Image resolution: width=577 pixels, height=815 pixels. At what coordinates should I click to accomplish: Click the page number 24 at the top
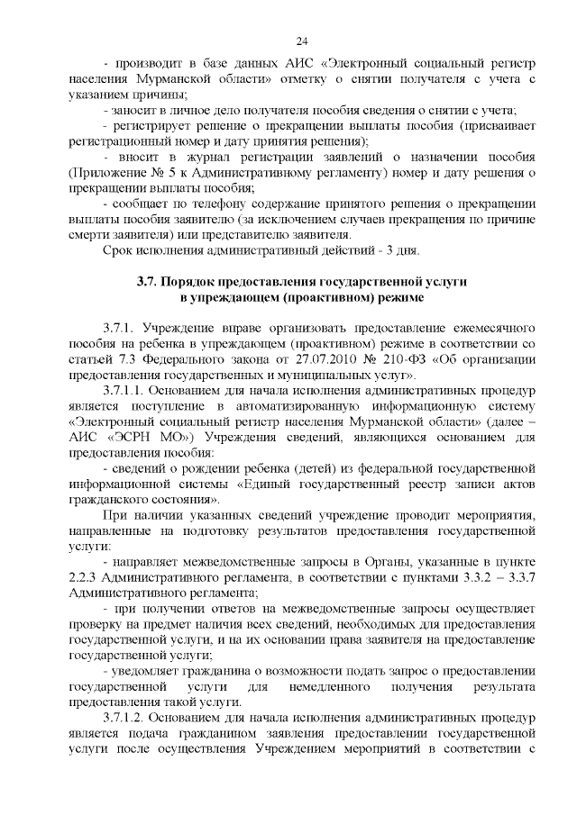tap(302, 41)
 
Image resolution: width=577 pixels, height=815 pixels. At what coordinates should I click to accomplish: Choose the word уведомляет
tap(145, 672)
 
